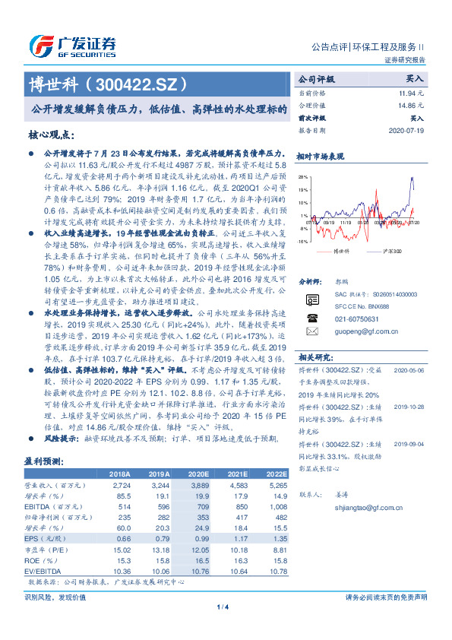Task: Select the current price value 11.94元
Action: (x=411, y=92)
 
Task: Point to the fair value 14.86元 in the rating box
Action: (x=411, y=105)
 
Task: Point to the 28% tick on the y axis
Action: (x=302, y=176)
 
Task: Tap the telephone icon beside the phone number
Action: (x=311, y=318)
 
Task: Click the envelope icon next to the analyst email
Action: (x=311, y=331)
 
